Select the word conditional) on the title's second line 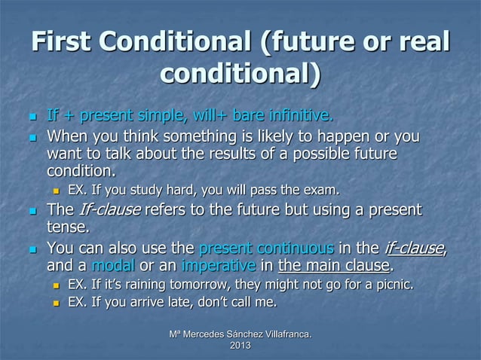tap(240, 75)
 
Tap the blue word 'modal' tap(111, 265)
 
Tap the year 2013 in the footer tap(240, 346)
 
